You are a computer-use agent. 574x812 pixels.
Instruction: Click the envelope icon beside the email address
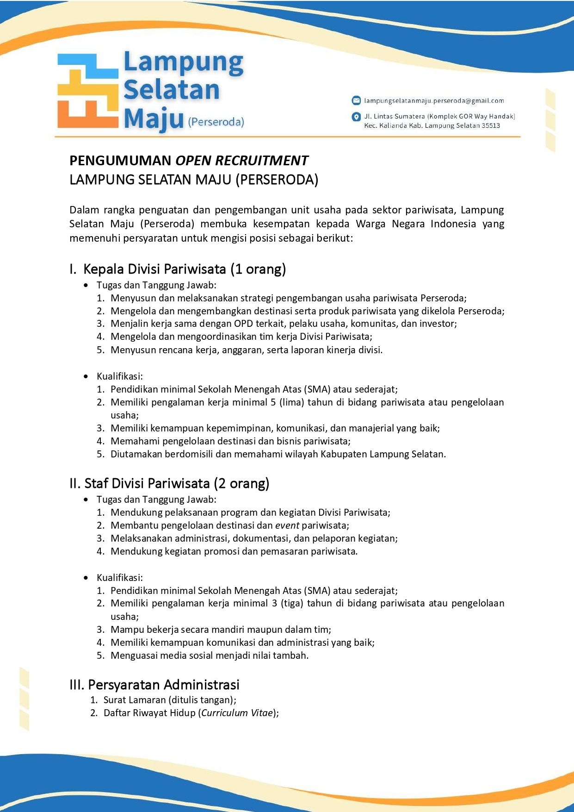356,100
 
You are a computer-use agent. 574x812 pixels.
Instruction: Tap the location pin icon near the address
356,117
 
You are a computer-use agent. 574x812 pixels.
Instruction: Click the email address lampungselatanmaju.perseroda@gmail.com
434,100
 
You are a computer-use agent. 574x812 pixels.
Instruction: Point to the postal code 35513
490,125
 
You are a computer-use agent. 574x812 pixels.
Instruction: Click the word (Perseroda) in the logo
216,122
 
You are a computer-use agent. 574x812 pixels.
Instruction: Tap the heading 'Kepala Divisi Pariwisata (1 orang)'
184,269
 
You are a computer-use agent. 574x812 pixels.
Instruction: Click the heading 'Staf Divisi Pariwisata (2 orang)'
176,483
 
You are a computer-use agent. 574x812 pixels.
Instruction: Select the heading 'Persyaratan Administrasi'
163,685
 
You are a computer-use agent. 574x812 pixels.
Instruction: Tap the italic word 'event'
287,525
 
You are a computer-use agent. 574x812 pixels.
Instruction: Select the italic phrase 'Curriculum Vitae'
237,713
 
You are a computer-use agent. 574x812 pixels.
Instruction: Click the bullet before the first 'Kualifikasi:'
86,376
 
